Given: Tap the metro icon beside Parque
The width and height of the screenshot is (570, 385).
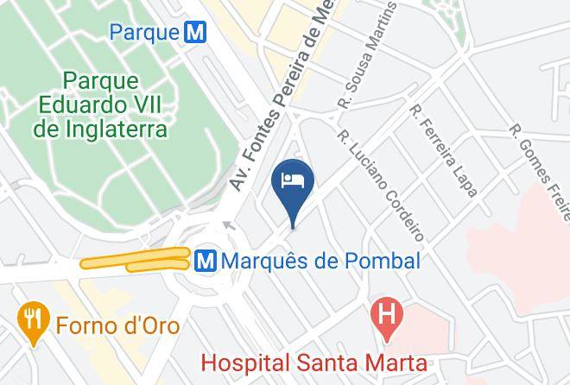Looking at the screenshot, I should coord(198,33).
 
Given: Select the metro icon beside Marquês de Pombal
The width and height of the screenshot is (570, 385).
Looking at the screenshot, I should coord(206,260).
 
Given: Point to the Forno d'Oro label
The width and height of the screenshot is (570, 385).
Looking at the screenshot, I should coord(117,325).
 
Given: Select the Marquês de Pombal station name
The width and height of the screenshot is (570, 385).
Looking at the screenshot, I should coord(321,260).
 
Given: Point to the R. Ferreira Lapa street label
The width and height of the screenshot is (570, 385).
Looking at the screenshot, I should coord(444,151).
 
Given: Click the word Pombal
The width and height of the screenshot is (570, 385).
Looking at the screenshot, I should coord(386,260).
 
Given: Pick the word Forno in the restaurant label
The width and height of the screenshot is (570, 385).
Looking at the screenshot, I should coord(85,325).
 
